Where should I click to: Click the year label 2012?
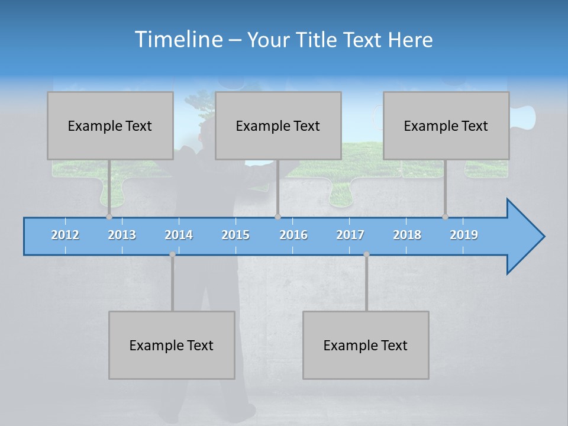point(65,235)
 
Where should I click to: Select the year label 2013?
point(122,235)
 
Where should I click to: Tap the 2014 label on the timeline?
point(179,235)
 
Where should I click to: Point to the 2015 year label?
point(235,235)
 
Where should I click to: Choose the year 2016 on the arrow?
point(293,235)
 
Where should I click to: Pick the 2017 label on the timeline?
point(350,235)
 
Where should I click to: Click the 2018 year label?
point(407,235)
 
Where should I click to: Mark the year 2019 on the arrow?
point(464,235)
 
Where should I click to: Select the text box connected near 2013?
point(110,125)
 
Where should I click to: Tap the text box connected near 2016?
point(278,125)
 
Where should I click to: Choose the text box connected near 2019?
point(446,125)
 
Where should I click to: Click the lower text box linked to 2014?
point(172,345)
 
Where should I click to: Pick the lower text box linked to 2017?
point(366,345)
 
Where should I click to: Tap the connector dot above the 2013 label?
point(109,217)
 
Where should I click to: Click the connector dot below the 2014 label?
point(172,254)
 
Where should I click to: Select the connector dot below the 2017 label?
point(366,254)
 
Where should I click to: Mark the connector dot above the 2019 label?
point(445,217)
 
